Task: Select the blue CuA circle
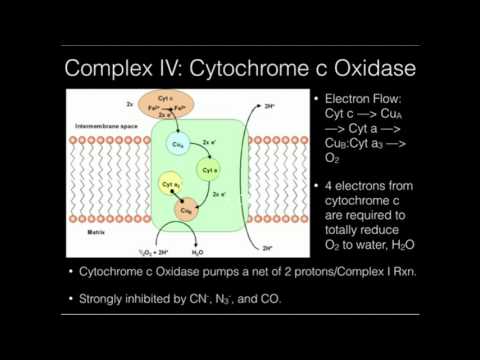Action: coord(179,146)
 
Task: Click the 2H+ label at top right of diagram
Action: coord(268,104)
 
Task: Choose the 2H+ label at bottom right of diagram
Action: coord(267,247)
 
